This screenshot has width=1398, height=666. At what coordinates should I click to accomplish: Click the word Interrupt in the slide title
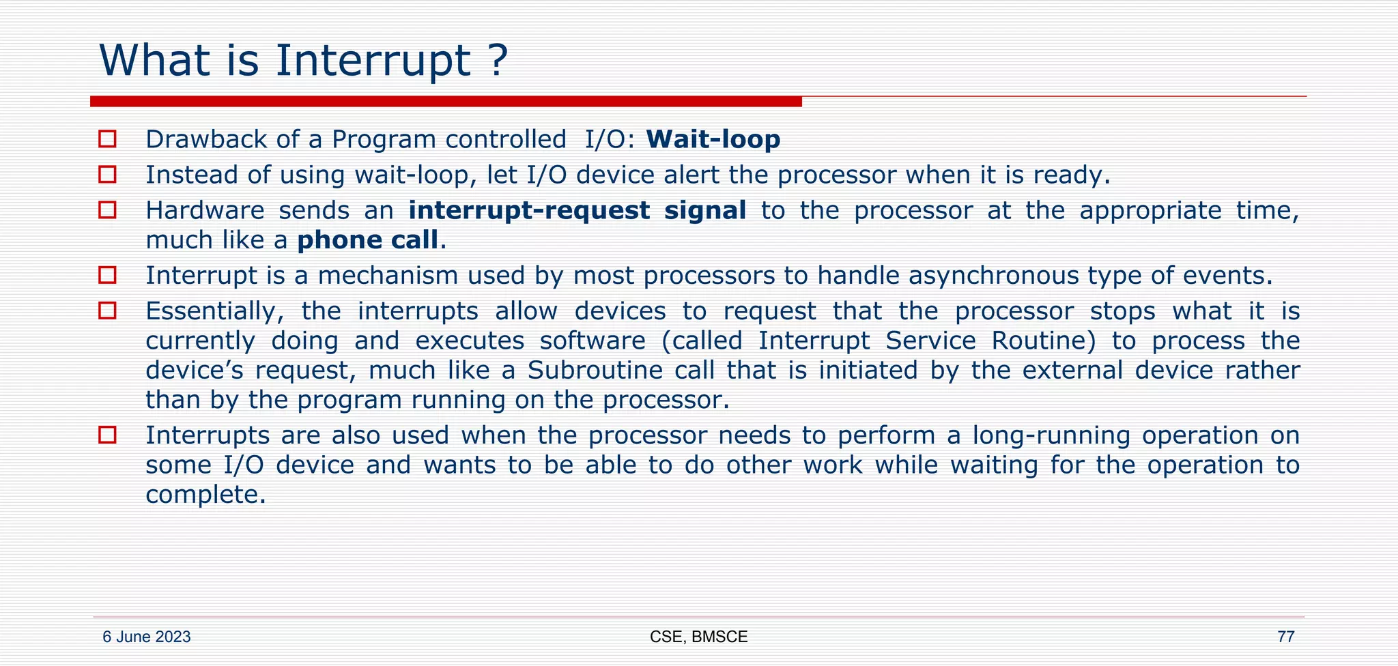pyautogui.click(x=373, y=61)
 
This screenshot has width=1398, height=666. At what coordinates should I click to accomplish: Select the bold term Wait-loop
pyautogui.click(x=713, y=140)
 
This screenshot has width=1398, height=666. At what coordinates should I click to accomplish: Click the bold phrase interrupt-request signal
pyautogui.click(x=577, y=210)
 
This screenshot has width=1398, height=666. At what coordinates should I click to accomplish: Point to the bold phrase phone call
pyautogui.click(x=367, y=240)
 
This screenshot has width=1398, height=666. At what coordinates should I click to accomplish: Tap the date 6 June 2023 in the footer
pyautogui.click(x=146, y=637)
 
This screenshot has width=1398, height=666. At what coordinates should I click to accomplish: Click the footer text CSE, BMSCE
pyautogui.click(x=698, y=637)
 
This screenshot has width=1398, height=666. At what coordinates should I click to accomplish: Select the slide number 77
pyautogui.click(x=1285, y=637)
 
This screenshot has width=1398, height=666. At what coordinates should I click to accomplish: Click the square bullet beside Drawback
pyautogui.click(x=107, y=139)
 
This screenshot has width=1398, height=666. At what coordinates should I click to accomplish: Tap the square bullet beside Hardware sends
pyautogui.click(x=107, y=209)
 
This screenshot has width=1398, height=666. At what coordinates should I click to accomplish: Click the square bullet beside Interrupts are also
pyautogui.click(x=107, y=435)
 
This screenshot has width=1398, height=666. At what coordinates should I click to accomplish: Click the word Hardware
pyautogui.click(x=205, y=210)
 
